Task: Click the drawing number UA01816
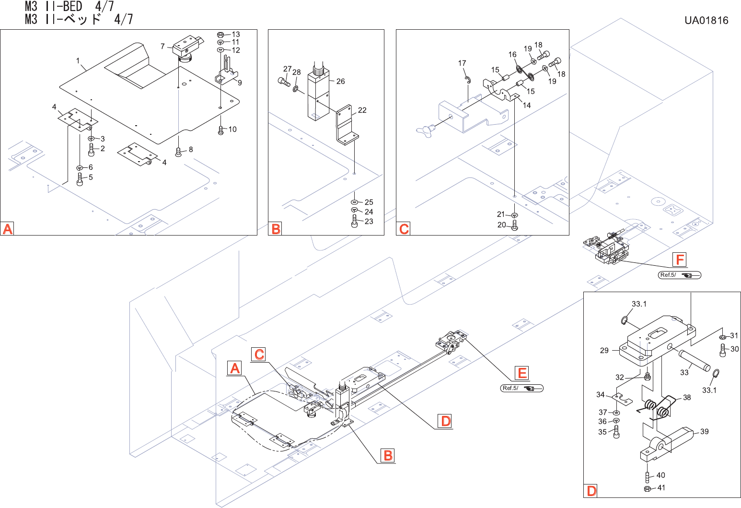point(706,21)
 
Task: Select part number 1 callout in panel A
point(78,61)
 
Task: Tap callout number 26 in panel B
point(340,82)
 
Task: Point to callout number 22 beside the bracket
point(362,110)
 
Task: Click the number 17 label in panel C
point(462,63)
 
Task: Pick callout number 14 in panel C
point(527,106)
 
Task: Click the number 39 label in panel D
point(704,432)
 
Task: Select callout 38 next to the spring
point(687,398)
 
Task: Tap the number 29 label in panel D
point(604,351)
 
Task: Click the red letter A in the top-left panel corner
point(8,229)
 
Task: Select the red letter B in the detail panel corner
point(276,229)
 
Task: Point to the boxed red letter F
point(680,260)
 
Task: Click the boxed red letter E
point(522,373)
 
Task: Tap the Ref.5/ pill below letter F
point(680,275)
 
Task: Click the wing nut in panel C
point(426,129)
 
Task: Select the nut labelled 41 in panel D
point(646,489)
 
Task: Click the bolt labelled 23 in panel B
point(355,222)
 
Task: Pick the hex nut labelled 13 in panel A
point(220,35)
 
